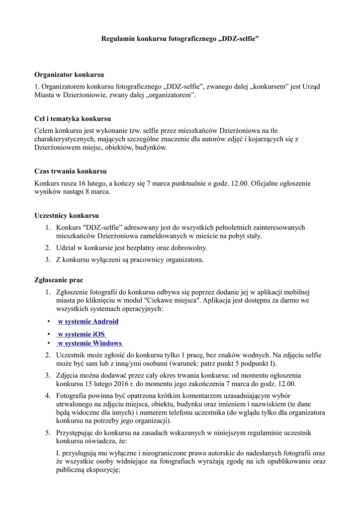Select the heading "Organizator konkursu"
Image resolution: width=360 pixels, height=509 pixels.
(69, 75)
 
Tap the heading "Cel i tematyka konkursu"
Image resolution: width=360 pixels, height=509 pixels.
(73, 119)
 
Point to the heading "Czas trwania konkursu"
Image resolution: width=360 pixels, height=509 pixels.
(71, 171)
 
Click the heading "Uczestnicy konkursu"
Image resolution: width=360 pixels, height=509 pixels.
(67, 216)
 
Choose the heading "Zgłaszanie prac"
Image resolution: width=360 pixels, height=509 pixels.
(59, 280)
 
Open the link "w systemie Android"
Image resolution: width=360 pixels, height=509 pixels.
(88, 322)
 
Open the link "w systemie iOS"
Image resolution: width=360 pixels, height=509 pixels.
(81, 334)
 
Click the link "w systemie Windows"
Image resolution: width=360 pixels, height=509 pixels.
(90, 343)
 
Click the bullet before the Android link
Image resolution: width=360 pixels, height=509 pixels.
(49, 322)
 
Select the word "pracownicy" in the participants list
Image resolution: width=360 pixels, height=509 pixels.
(149, 259)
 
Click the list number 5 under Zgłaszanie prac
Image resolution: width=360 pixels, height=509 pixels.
(48, 432)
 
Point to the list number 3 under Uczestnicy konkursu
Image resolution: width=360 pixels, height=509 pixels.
(48, 259)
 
